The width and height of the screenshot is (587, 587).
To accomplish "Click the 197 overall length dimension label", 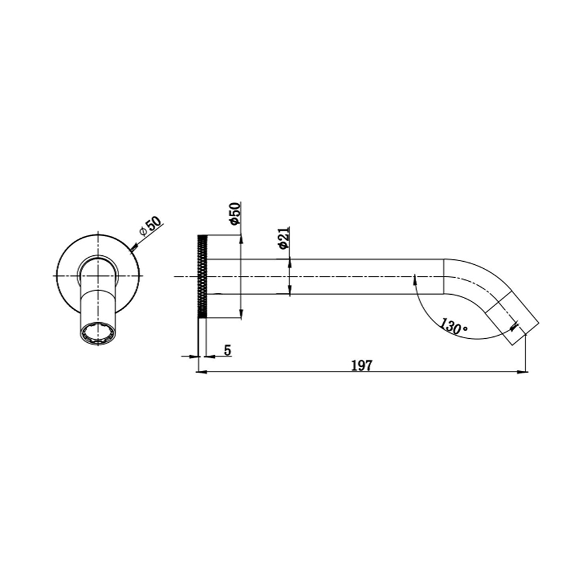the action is click(x=362, y=365).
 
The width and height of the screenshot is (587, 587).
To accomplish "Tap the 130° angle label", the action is click(x=453, y=326).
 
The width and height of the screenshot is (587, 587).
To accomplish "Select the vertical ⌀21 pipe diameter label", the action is click(x=284, y=237).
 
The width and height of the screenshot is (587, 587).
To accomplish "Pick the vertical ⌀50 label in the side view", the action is click(x=235, y=214).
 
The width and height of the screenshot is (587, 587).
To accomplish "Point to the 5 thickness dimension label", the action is click(x=227, y=350).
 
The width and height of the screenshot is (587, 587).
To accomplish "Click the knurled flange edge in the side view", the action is click(x=202, y=276).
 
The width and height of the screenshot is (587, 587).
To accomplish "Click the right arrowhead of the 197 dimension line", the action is click(x=522, y=372).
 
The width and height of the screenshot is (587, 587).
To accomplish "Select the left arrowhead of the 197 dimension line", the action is click(x=202, y=372).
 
